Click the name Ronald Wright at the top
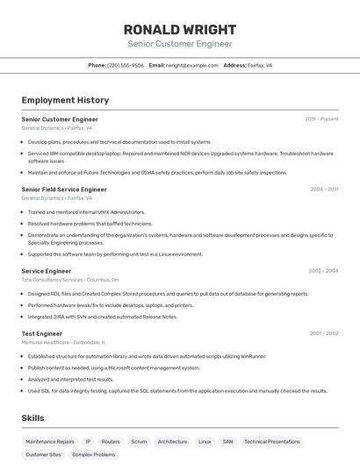tap(180, 28)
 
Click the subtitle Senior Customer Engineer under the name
tap(180, 43)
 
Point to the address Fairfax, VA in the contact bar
tap(260, 65)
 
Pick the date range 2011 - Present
tap(321, 118)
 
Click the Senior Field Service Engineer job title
tap(64, 190)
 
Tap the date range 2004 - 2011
tap(324, 190)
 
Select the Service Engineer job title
tap(47, 271)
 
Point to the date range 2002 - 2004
tap(323, 271)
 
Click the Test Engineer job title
tap(42, 333)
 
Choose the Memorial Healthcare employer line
tap(63, 342)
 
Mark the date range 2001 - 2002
tap(324, 333)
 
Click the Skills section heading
tap(33, 418)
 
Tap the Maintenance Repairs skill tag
tap(50, 442)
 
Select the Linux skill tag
tap(205, 442)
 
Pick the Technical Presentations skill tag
tap(272, 442)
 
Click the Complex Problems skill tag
tap(94, 455)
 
